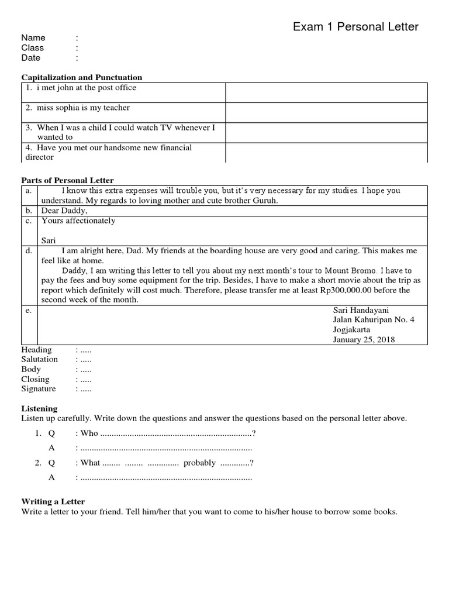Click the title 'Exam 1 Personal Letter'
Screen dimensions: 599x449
(x=355, y=26)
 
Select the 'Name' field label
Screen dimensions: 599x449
(x=33, y=37)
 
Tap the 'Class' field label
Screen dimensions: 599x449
(x=33, y=47)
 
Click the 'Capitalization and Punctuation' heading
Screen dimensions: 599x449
(x=82, y=77)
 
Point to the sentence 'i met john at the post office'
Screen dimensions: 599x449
(x=86, y=88)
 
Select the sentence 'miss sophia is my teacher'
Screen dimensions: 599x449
(x=83, y=108)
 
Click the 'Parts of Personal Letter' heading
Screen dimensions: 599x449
(x=68, y=180)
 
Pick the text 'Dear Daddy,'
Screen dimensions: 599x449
(x=64, y=211)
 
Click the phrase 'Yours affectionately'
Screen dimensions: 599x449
(x=78, y=221)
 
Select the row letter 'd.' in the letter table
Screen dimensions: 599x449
(x=28, y=250)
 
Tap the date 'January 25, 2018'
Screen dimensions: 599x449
(x=364, y=340)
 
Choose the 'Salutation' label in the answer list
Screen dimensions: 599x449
(x=40, y=359)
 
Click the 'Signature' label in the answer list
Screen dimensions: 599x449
(x=39, y=388)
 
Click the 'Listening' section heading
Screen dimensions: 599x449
(x=40, y=408)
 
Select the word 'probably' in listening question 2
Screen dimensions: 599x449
(x=199, y=463)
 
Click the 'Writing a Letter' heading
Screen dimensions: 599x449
(x=53, y=501)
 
